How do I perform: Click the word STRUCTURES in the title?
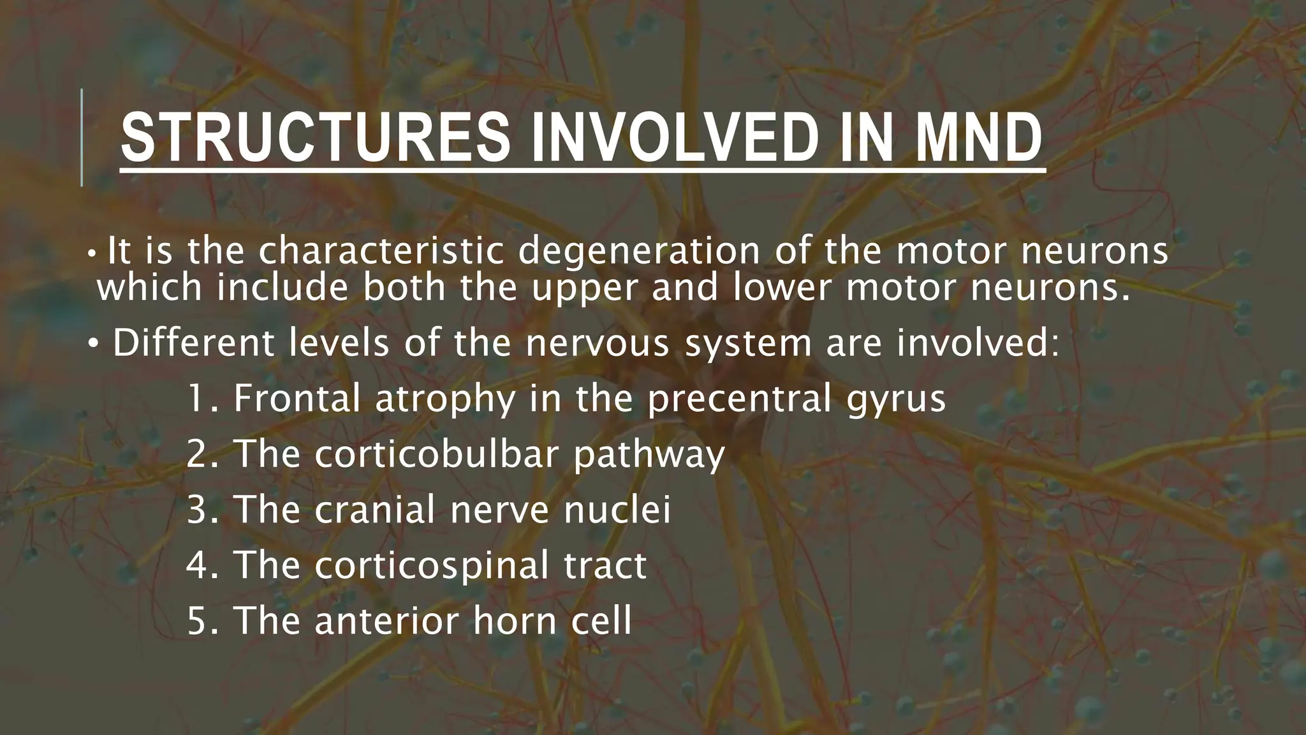tap(316, 138)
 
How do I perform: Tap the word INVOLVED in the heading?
tap(675, 138)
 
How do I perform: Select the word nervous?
tap(598, 345)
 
